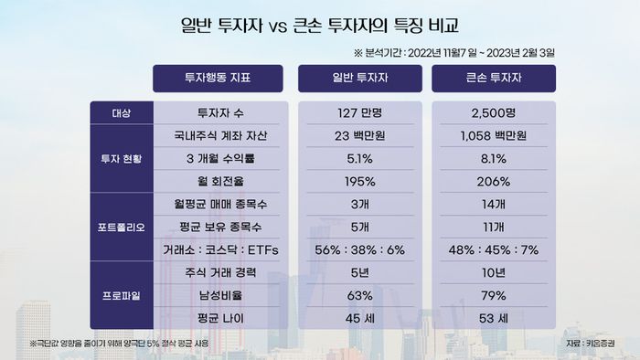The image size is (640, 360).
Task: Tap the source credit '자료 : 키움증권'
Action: point(591,344)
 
